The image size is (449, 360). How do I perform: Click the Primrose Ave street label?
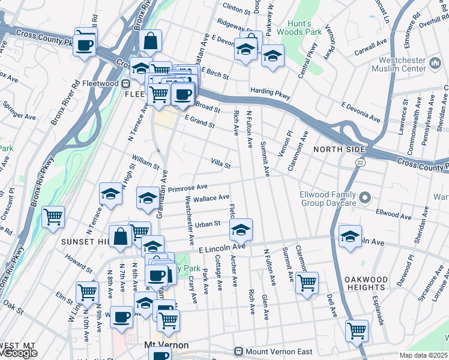[x=187, y=188]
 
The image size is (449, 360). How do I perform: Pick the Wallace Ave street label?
[x=211, y=198]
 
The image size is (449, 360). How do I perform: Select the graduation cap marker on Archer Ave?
[x=241, y=230]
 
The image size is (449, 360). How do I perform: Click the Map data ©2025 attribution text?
[x=424, y=355]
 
